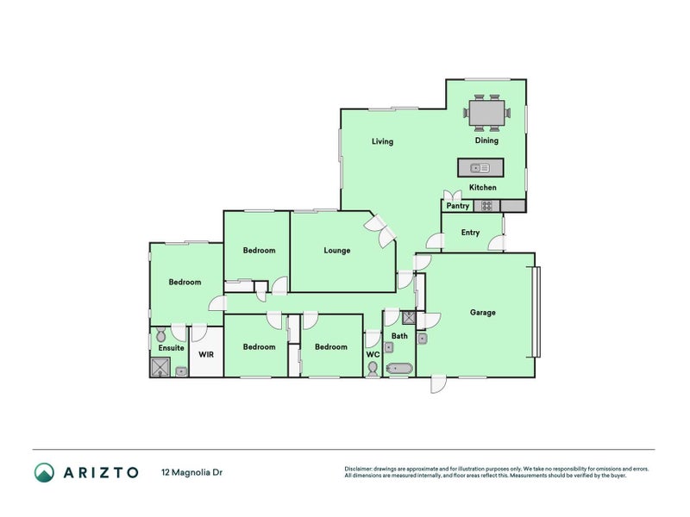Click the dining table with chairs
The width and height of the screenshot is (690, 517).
(486, 113)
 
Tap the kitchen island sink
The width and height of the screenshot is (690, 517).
(480, 168)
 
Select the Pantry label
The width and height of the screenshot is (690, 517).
(458, 206)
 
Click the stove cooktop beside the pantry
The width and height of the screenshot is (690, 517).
(486, 206)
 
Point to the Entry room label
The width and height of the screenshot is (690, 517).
(470, 233)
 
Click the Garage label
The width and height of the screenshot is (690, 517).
(483, 313)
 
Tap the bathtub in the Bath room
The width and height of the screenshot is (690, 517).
(399, 368)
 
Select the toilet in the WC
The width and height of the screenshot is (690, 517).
(373, 369)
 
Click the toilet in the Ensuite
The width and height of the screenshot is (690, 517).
(161, 334)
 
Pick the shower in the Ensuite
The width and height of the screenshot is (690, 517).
(160, 367)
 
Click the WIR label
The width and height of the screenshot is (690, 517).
(206, 354)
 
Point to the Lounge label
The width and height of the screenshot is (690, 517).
(337, 251)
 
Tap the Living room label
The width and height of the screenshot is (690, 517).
(382, 141)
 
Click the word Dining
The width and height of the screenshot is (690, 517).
(486, 140)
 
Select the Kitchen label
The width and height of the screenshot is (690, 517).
(483, 187)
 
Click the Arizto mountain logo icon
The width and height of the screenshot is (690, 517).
(45, 472)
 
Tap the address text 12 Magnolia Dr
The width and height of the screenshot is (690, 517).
(191, 472)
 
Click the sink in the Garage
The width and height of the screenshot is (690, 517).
(422, 338)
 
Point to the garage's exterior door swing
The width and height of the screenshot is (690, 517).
(438, 384)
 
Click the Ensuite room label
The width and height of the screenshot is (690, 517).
(171, 348)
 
